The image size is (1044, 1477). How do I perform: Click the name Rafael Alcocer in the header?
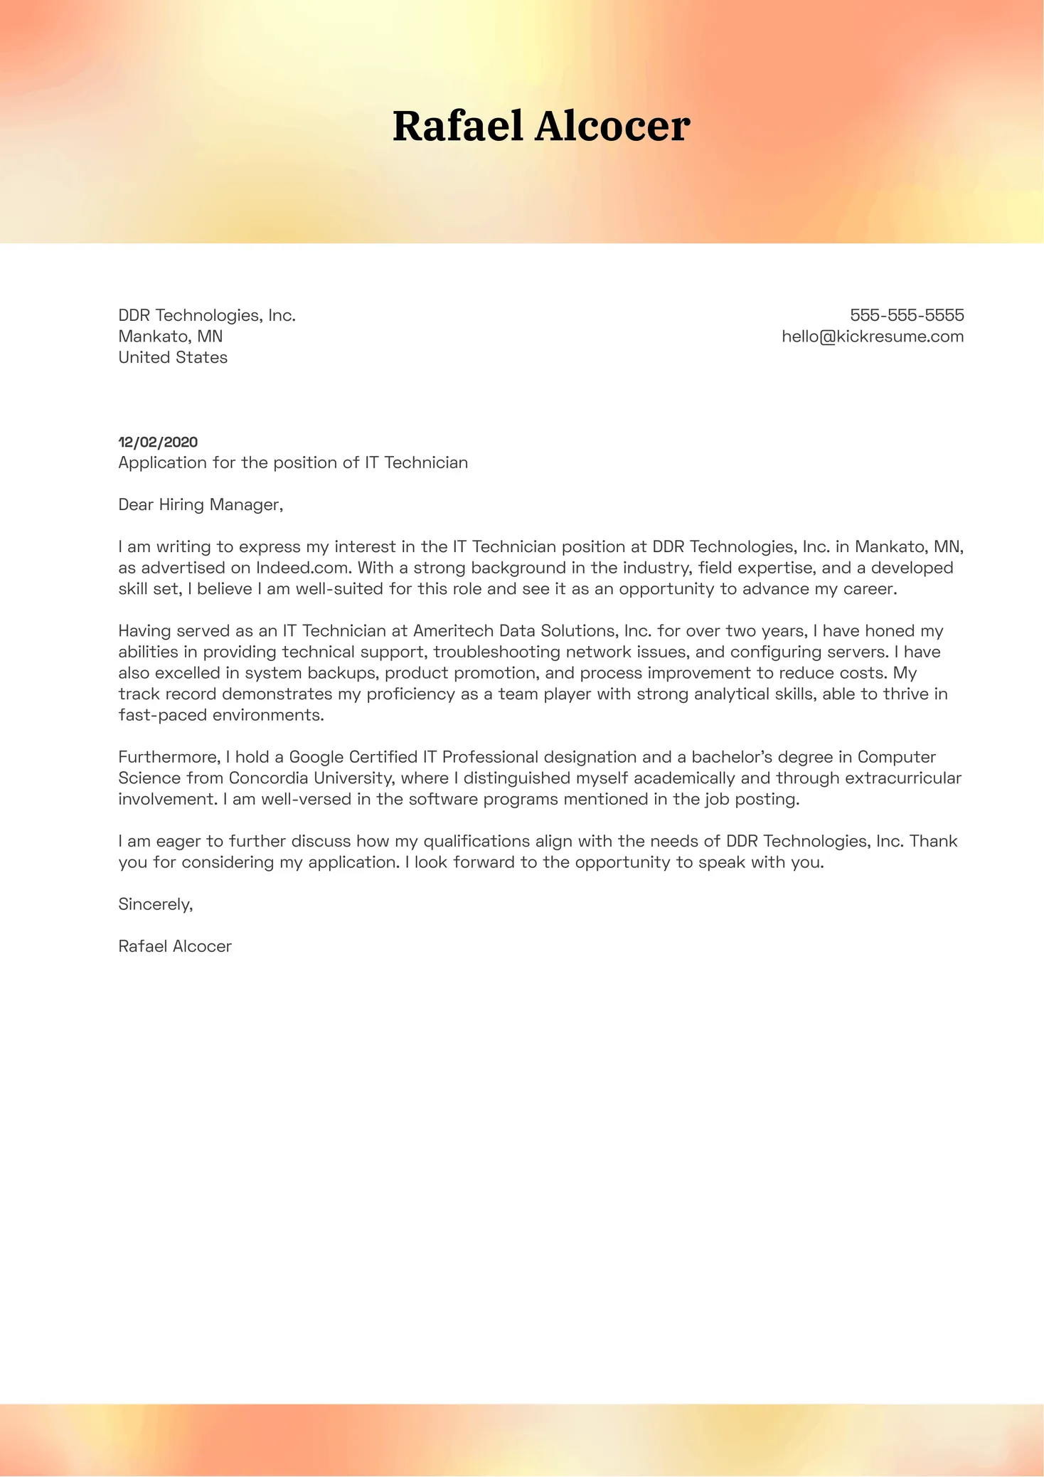(x=541, y=127)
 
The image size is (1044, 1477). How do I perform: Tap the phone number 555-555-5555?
(x=907, y=315)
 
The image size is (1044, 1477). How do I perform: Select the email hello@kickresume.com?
(x=873, y=337)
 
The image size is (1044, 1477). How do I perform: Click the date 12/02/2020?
(x=158, y=442)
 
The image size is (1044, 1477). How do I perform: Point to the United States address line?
(x=173, y=357)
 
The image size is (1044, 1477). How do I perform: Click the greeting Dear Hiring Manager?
(x=201, y=504)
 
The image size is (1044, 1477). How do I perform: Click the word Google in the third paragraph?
(x=316, y=757)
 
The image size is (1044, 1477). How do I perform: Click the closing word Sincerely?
(x=155, y=904)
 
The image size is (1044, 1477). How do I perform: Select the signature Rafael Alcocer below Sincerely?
(x=175, y=946)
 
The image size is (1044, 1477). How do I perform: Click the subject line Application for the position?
(x=293, y=462)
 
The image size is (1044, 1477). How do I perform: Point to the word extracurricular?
(x=903, y=778)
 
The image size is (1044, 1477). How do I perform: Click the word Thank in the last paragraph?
(x=933, y=841)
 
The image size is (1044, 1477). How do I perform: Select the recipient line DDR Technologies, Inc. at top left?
(x=207, y=315)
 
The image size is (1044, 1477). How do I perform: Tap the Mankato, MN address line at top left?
(x=171, y=337)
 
